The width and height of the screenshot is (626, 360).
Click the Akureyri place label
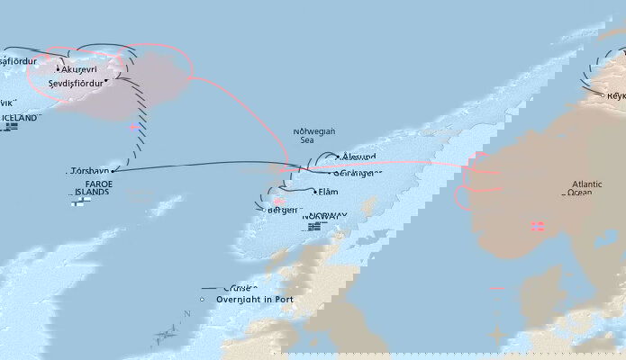[x=84, y=68]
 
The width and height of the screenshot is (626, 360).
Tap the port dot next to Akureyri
[x=59, y=69]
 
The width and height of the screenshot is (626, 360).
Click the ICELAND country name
[x=20, y=118]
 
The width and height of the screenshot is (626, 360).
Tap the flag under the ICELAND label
[x=11, y=127]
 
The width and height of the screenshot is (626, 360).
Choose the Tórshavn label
[x=88, y=170]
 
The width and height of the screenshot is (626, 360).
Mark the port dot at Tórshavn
[x=113, y=170]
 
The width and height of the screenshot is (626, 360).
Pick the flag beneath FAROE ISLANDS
[x=78, y=202]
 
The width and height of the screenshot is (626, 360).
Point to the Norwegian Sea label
[x=313, y=136]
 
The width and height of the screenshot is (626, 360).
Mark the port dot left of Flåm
[x=315, y=192]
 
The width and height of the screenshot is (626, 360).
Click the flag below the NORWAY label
[x=314, y=227]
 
